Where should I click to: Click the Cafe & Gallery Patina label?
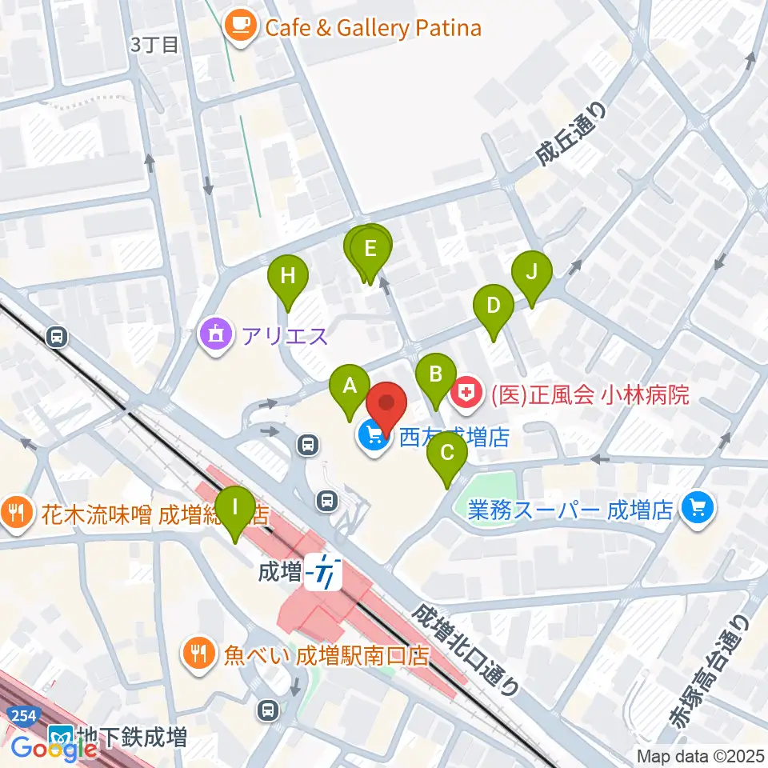(373, 30)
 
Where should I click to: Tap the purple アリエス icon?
(215, 334)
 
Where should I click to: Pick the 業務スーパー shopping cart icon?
(698, 508)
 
